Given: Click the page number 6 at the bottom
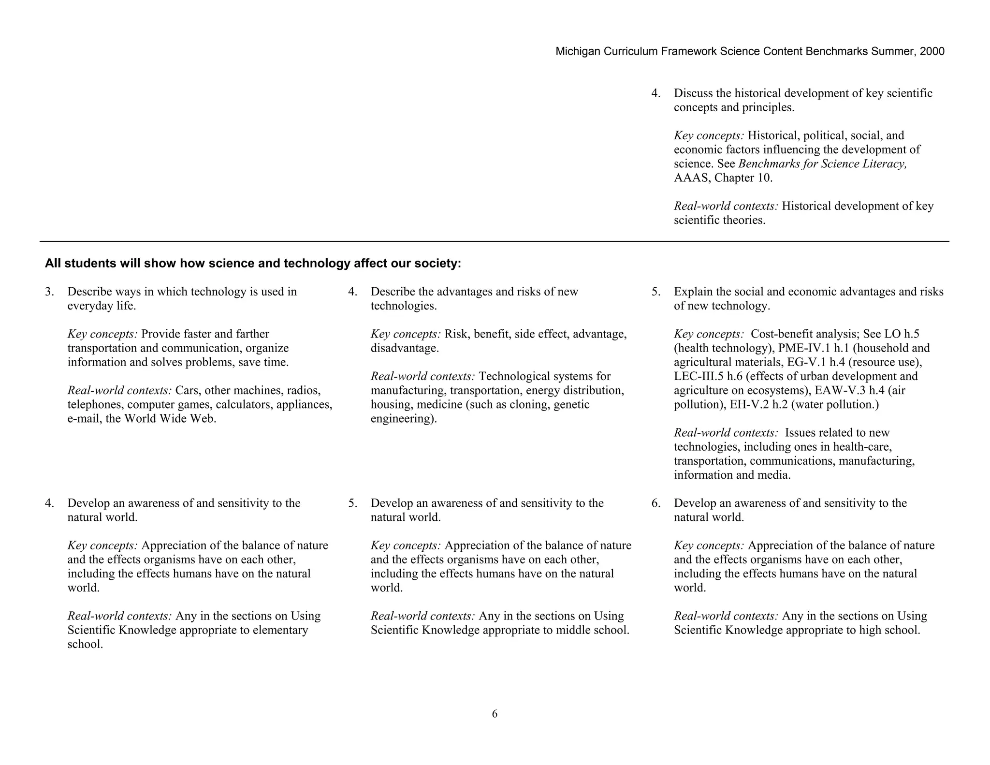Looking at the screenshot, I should coord(495,714).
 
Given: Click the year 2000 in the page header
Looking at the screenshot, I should coord(932,52).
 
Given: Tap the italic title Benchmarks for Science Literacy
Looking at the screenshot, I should coord(822,164).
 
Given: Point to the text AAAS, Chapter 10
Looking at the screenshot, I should coord(723,178).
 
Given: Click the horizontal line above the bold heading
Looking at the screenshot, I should coord(494,241).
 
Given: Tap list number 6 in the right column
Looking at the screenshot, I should coord(655,503).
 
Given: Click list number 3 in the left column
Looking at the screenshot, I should coord(49,292).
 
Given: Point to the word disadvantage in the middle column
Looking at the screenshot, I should coord(404,348).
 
